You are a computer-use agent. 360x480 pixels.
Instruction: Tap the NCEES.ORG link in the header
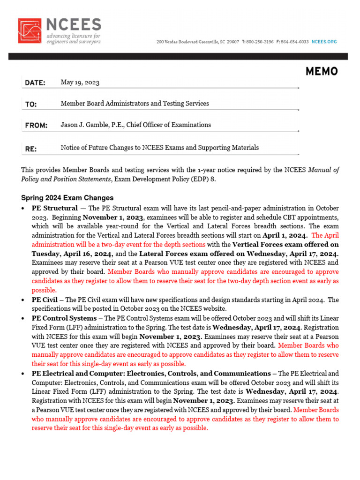(324, 42)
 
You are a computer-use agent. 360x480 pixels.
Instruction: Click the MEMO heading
(321, 71)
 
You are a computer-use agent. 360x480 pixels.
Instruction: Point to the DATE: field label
(35, 83)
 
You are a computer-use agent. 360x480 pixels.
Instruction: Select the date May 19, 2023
(80, 82)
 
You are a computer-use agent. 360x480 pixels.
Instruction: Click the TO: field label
(31, 104)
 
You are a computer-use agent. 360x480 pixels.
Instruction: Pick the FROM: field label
(36, 125)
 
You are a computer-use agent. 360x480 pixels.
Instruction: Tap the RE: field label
(30, 149)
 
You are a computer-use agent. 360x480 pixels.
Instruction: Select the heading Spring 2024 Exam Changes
(67, 198)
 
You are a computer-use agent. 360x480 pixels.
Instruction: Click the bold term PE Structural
(55, 208)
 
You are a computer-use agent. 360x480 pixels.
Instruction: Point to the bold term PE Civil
(45, 300)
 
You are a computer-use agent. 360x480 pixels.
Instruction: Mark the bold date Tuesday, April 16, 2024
(72, 254)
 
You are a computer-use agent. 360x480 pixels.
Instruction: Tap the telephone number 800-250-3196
(260, 42)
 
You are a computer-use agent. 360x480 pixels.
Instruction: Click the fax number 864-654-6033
(294, 42)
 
